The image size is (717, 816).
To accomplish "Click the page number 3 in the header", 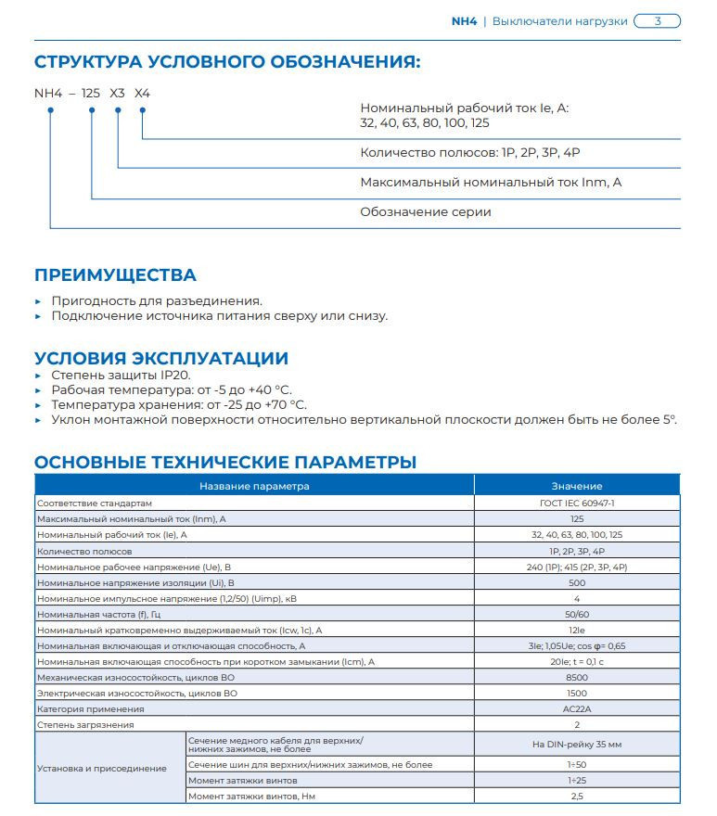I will pyautogui.click(x=658, y=20).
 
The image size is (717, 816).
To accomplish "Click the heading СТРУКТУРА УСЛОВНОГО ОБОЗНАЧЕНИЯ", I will pyautogui.click(x=227, y=63).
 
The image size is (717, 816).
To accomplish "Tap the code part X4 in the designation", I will pyautogui.click(x=142, y=94).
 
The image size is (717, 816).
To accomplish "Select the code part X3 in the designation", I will pyautogui.click(x=117, y=94).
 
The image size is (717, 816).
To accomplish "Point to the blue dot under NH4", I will pyautogui.click(x=50, y=111).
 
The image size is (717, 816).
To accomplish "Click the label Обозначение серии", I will pyautogui.click(x=425, y=212).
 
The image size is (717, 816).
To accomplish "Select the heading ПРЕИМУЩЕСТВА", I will pyautogui.click(x=115, y=275).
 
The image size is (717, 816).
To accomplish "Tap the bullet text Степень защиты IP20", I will pyautogui.click(x=121, y=375).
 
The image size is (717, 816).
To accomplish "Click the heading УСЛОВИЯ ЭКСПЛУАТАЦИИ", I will pyautogui.click(x=161, y=358).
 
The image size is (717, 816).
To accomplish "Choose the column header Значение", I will pyautogui.click(x=577, y=486).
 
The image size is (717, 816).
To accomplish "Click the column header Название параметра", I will pyautogui.click(x=254, y=486).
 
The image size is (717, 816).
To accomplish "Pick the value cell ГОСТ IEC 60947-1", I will pyautogui.click(x=577, y=503).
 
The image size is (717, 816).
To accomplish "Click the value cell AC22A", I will pyautogui.click(x=577, y=708).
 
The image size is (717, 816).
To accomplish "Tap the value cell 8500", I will pyautogui.click(x=577, y=677).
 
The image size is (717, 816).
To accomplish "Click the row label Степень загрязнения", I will pyautogui.click(x=85, y=724).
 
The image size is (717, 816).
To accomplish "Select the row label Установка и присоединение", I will pyautogui.click(x=102, y=768).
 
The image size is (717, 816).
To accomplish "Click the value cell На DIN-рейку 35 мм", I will pyautogui.click(x=577, y=745).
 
